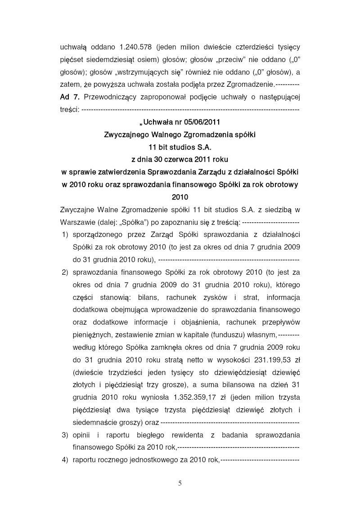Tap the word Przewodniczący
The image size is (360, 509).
click(x=109, y=97)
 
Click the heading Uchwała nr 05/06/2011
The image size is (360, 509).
click(x=180, y=121)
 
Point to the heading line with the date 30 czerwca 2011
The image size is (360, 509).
click(x=180, y=159)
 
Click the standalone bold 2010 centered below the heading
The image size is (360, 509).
click(x=180, y=196)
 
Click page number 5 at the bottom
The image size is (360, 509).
click(x=180, y=483)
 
